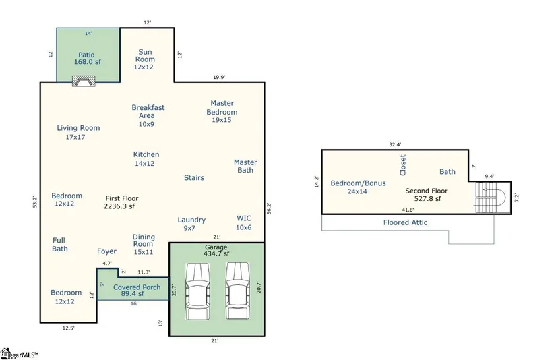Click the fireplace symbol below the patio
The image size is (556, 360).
click(x=84, y=81)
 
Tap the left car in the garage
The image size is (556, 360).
click(x=198, y=291)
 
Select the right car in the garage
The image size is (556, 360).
click(x=238, y=291)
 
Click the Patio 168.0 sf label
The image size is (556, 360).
click(x=87, y=59)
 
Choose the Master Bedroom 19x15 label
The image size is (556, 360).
click(x=222, y=111)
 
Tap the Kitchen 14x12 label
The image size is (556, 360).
click(x=146, y=159)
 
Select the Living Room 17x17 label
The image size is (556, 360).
click(x=78, y=132)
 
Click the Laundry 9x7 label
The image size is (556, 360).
click(x=191, y=224)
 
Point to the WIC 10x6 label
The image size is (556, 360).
click(x=243, y=222)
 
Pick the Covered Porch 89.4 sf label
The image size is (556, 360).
click(x=137, y=290)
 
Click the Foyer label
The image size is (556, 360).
click(x=106, y=251)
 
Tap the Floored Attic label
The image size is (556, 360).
click(x=405, y=222)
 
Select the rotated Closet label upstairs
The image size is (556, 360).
click(x=403, y=165)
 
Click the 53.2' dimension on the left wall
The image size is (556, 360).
click(x=35, y=202)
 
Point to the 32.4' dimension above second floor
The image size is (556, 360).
click(x=395, y=145)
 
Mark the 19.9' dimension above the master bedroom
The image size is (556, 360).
click(x=219, y=77)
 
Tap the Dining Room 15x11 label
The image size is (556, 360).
click(x=144, y=244)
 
